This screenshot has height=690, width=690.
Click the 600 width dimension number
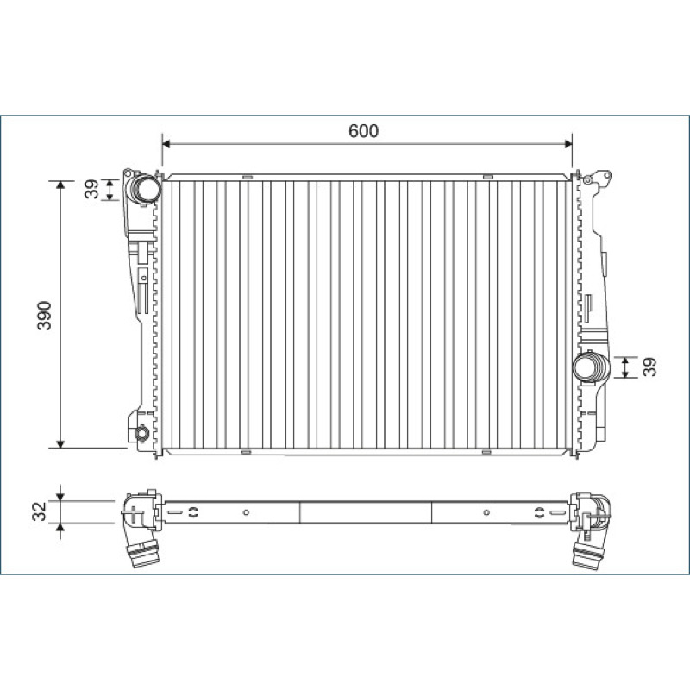(363, 131)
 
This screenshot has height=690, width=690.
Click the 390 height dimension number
(45, 316)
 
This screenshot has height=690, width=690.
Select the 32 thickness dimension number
(40, 511)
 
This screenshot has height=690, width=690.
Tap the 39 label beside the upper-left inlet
(91, 189)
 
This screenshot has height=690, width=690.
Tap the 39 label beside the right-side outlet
(649, 367)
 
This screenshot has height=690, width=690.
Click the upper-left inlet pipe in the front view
(143, 189)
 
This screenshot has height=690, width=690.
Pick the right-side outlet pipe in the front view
(592, 368)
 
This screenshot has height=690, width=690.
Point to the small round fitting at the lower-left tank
(142, 434)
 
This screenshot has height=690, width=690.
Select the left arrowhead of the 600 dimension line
(166, 144)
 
